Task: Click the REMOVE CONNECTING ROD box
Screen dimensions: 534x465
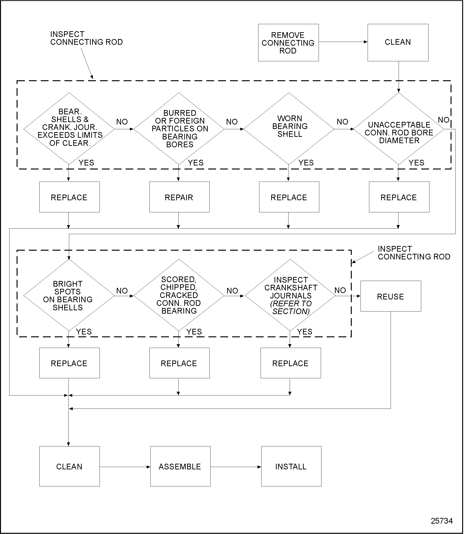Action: (288, 43)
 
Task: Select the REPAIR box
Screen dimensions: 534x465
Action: (179, 197)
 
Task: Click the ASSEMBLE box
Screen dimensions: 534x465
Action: (180, 467)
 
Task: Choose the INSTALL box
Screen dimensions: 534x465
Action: (291, 467)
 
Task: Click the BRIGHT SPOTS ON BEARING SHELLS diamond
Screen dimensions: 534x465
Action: (69, 295)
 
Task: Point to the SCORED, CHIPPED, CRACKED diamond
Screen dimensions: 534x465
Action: (179, 295)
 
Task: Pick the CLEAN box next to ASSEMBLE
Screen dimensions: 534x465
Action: (69, 467)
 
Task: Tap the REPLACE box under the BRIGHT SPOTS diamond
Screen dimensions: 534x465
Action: (69, 363)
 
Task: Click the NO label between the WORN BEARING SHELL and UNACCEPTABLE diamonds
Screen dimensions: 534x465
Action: (342, 122)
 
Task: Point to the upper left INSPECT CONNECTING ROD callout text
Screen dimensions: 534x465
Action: (86, 38)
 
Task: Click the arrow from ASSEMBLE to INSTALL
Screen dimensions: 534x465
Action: (236, 467)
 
